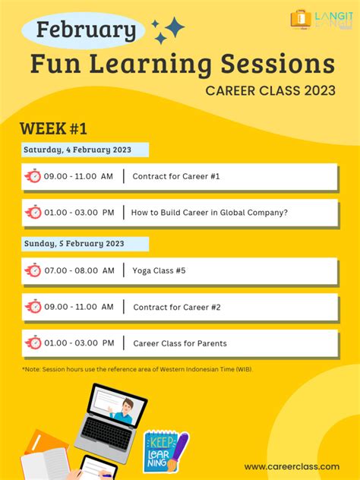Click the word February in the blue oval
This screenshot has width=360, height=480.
pyautogui.click(x=86, y=30)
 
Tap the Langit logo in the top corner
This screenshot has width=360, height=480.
pyautogui.click(x=322, y=20)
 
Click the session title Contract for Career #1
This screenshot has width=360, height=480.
pyautogui.click(x=175, y=177)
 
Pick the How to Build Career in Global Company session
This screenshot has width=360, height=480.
pyautogui.click(x=209, y=213)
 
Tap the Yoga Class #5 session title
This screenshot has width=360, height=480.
pyautogui.click(x=159, y=270)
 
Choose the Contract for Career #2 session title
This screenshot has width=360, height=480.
pyautogui.click(x=176, y=307)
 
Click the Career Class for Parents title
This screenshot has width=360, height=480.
pyautogui.click(x=179, y=343)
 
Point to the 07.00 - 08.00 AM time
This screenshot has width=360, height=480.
pyautogui.click(x=79, y=270)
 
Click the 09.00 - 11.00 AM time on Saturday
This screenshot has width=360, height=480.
pyautogui.click(x=78, y=177)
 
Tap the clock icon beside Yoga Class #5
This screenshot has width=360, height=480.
pyautogui.click(x=33, y=270)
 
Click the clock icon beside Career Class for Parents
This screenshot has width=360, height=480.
pyautogui.click(x=33, y=343)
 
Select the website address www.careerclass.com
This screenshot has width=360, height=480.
pyautogui.click(x=292, y=466)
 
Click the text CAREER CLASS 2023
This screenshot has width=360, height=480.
pyautogui.click(x=270, y=91)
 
